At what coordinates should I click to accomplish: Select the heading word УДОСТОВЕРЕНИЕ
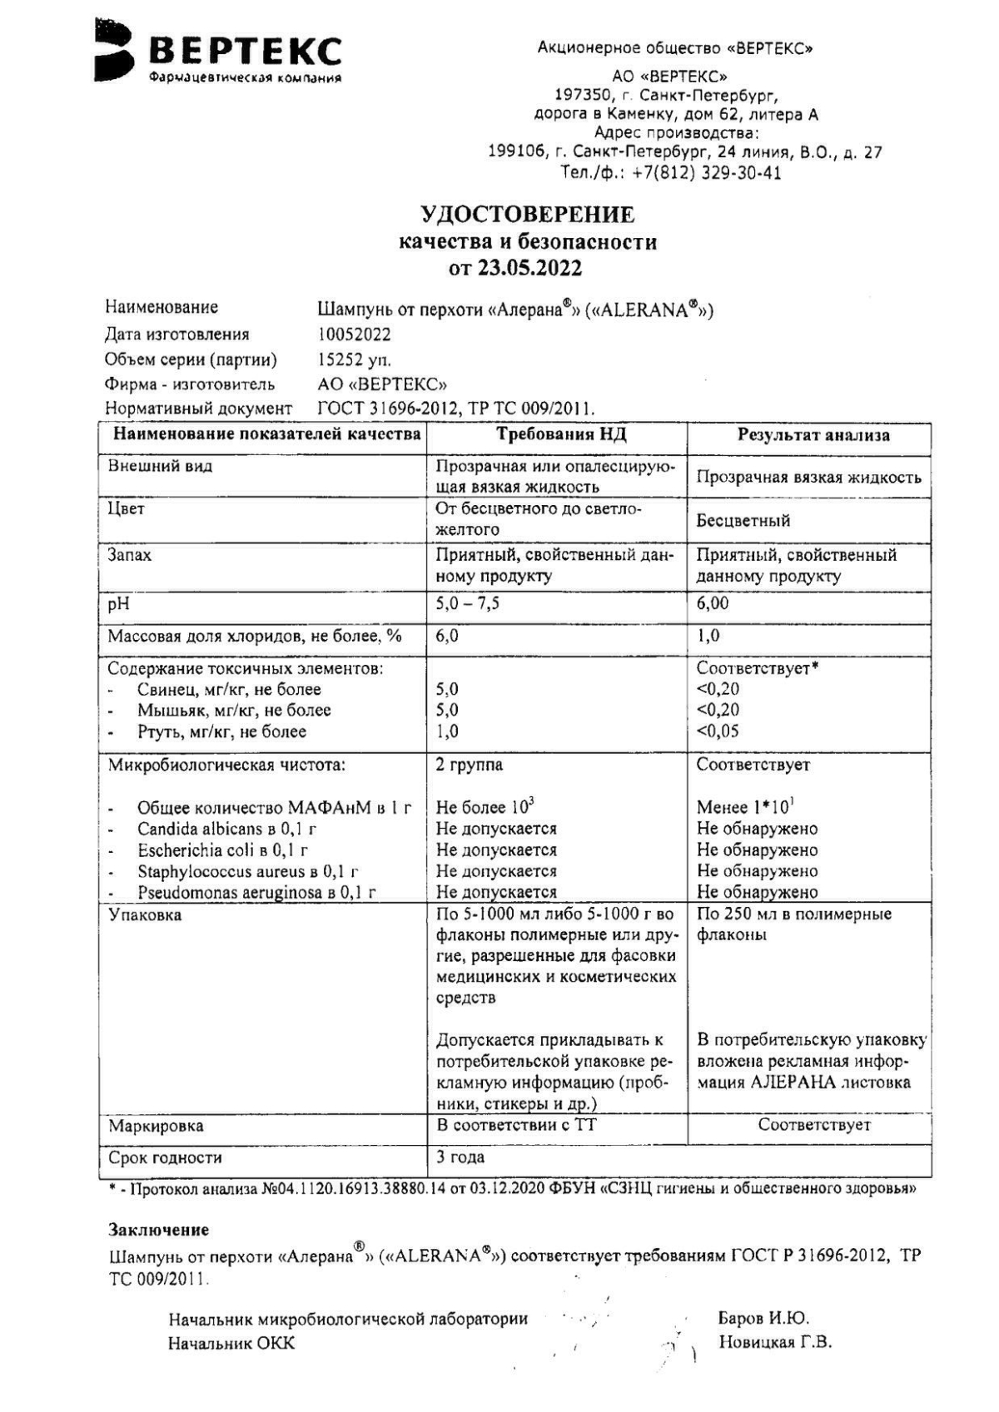[x=528, y=215]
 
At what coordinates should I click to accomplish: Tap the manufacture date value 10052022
[x=354, y=334]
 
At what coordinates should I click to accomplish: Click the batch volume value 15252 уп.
[x=354, y=360]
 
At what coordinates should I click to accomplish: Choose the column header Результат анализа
[x=813, y=435]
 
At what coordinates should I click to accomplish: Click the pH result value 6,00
[x=713, y=603]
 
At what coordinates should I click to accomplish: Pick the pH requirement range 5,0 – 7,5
[x=467, y=603]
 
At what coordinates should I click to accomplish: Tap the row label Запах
[x=130, y=555]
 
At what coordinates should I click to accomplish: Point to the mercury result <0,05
[x=718, y=731]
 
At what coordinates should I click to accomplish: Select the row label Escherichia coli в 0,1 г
[x=223, y=850]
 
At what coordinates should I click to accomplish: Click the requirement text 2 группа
[x=470, y=765]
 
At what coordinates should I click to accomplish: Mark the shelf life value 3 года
[x=460, y=1157]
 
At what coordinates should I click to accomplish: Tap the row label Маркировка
[x=156, y=1126]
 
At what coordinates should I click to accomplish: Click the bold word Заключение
[x=158, y=1229]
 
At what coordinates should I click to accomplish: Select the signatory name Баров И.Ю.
[x=763, y=1318]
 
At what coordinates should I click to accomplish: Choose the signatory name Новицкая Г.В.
[x=775, y=1342]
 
